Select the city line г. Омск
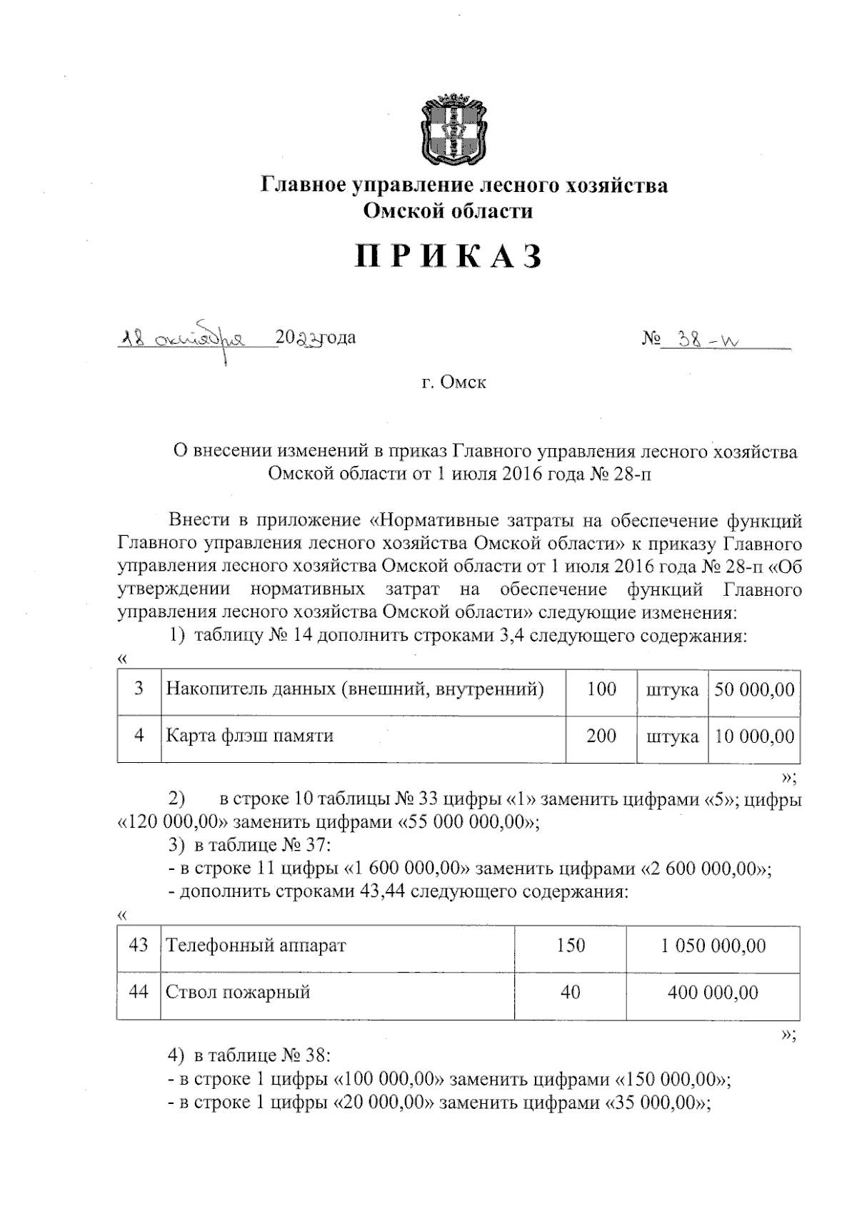click(453, 382)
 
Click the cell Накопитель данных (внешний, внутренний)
click(355, 689)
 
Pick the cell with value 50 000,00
click(755, 690)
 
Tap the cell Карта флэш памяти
click(250, 736)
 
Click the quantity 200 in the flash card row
click(601, 736)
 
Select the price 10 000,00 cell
click(755, 736)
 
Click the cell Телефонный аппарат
click(256, 946)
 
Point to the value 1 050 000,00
click(713, 946)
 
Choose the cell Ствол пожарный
click(239, 993)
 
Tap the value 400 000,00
click(713, 993)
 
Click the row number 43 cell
click(139, 946)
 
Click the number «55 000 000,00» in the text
click(466, 822)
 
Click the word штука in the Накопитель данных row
click(672, 690)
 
